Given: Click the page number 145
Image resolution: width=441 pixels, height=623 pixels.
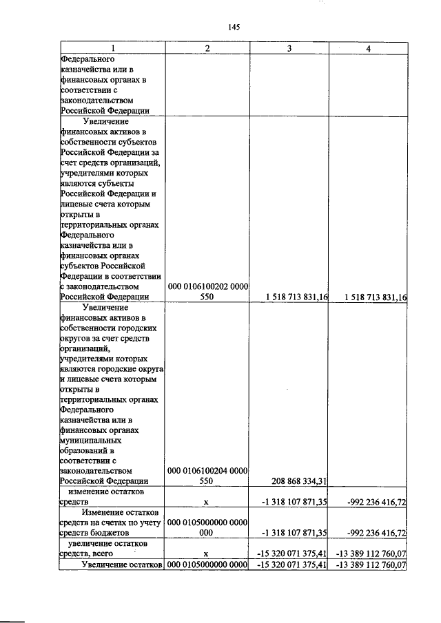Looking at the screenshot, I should (x=233, y=27).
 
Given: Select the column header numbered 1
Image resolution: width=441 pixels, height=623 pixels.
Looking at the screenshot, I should (x=113, y=48).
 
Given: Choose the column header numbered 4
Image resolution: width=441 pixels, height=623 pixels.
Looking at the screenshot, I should (x=369, y=48).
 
